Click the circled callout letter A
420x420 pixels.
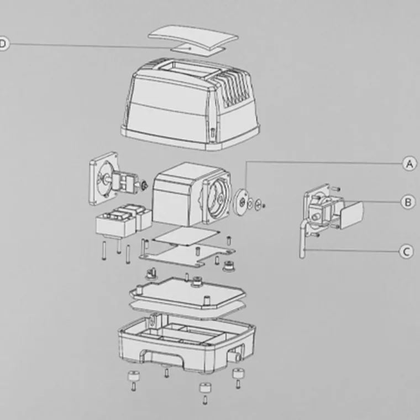point(410,164)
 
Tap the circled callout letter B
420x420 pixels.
point(408,202)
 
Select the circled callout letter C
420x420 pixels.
point(406,251)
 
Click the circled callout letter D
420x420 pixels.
point(3,44)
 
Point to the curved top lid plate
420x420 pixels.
point(193,36)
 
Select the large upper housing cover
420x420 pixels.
point(190,104)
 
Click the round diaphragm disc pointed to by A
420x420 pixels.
point(240,202)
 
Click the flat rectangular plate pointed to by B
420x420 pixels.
point(352,215)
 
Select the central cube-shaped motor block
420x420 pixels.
point(177,194)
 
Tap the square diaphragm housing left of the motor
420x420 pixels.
point(104,179)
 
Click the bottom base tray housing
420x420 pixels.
point(187,343)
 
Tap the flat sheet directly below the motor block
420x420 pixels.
point(186,237)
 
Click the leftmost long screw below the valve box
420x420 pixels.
point(104,251)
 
